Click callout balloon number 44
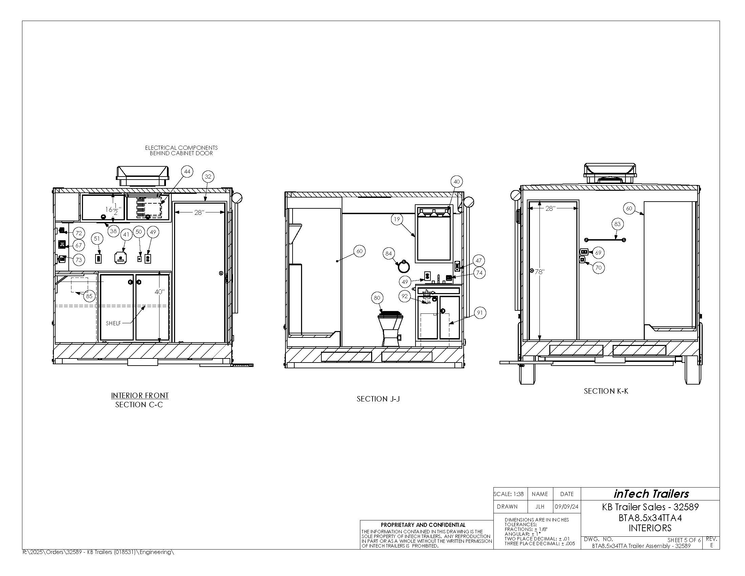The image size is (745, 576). (187, 172)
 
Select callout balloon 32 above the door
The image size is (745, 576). (208, 177)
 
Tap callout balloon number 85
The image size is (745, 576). (89, 296)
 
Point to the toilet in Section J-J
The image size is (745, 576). (391, 328)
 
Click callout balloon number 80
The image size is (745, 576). (377, 298)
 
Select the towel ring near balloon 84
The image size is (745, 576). (404, 266)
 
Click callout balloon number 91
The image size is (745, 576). (480, 313)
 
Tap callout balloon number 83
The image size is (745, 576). (617, 224)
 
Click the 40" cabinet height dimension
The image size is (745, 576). (159, 292)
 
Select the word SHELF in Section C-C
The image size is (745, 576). (113, 324)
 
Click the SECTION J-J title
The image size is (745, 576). (378, 399)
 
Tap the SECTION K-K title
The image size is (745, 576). (606, 391)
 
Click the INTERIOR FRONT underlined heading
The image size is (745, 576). (140, 395)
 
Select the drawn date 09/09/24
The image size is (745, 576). (567, 507)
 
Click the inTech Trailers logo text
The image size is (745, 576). (651, 494)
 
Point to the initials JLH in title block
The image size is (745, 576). (540, 507)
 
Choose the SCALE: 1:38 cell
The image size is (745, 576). (510, 494)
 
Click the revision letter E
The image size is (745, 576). (711, 545)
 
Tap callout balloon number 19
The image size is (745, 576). (397, 219)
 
